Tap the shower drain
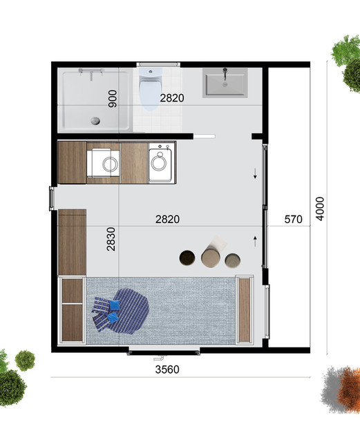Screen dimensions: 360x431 tap(95, 121)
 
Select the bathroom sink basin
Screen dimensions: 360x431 tap(225, 83)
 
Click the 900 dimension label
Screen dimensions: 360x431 tap(113, 99)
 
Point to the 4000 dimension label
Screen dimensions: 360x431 tap(320, 209)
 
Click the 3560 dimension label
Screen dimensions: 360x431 tap(167, 370)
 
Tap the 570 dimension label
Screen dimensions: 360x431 tap(293, 219)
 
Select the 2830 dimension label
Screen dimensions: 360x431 tap(111, 239)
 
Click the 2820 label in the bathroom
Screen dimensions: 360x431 tap(172, 98)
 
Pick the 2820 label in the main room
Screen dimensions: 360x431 tap(167, 219)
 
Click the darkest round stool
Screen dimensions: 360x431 tap(187, 258)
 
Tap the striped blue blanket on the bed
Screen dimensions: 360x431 tap(129, 311)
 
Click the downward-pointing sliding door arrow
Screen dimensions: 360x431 tap(255, 173)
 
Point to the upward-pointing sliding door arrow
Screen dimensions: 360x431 tap(255, 241)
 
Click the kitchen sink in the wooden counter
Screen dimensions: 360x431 tap(104, 163)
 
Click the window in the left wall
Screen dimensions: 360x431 tap(51, 198)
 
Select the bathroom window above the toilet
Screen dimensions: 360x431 tap(158, 64)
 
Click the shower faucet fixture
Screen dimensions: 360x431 tap(91, 74)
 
